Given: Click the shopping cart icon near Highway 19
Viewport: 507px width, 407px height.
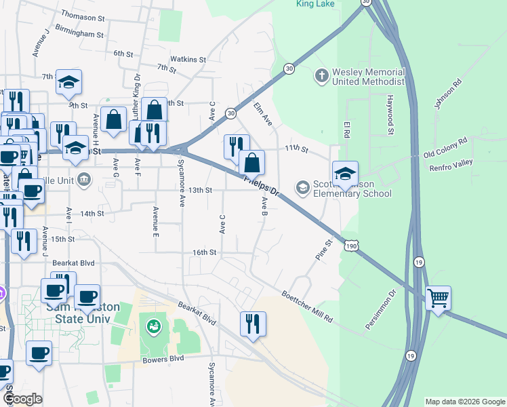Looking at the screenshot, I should point(438,298).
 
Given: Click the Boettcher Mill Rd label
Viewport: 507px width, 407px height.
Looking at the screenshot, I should point(308,307).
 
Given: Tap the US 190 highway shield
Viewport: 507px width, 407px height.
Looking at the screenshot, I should point(350,245).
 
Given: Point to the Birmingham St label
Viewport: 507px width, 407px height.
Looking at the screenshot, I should point(79,33).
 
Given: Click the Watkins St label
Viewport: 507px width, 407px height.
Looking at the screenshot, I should point(188,59).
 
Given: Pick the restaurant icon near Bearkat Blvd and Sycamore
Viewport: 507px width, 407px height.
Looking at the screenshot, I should point(253,324).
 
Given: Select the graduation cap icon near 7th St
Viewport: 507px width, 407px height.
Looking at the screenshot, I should point(68,81).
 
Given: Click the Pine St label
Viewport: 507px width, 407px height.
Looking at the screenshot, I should point(324,250).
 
